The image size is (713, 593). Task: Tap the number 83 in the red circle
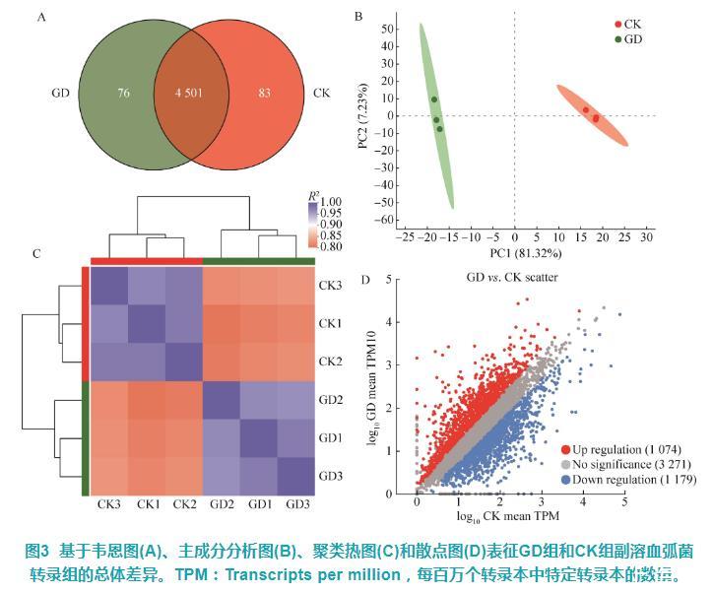point(265,94)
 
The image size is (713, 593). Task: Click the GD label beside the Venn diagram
point(59,95)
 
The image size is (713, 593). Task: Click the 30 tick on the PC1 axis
point(646,236)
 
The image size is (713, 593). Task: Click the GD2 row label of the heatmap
point(330,400)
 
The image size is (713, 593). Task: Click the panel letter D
point(366,279)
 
